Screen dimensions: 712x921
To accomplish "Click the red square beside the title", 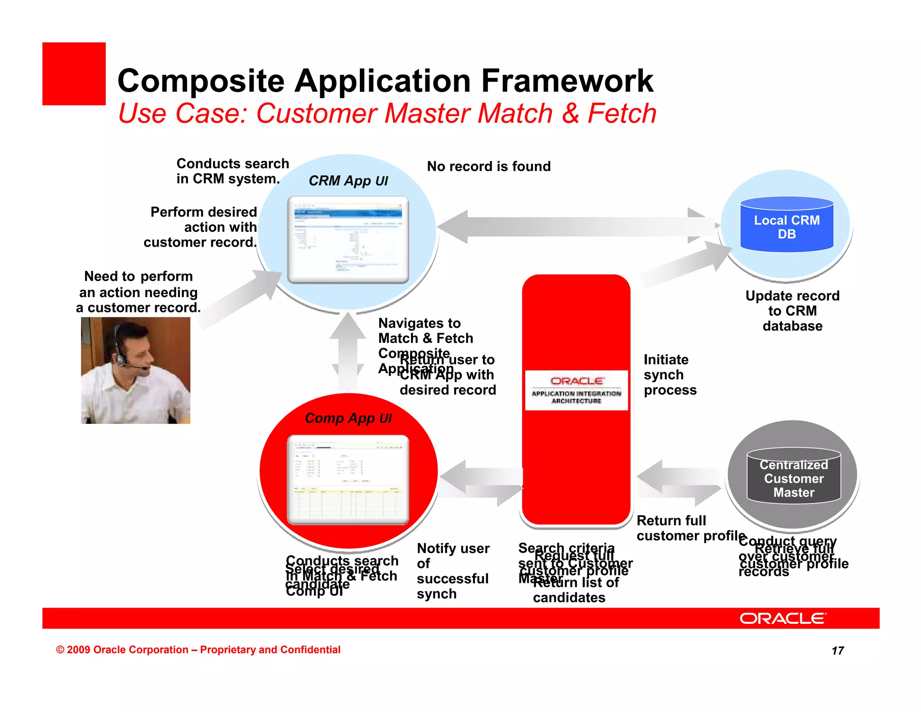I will coord(74,74).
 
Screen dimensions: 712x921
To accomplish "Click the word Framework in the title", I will coord(567,81).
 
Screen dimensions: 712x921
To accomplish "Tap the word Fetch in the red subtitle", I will coord(622,113).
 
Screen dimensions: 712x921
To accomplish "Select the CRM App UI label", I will coord(348,181).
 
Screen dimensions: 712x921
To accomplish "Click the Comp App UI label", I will coord(348,419).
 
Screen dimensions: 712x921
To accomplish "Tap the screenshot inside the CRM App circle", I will coord(348,239).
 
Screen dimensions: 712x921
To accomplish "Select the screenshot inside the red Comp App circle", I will coord(348,479).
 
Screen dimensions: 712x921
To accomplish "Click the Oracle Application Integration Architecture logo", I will coord(576,390).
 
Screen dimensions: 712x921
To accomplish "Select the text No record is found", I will coord(488,167).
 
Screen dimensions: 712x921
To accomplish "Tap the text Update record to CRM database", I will coord(792,311).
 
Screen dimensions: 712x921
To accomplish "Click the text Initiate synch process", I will coord(670,374).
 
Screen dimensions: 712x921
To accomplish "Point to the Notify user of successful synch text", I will coord(452,571).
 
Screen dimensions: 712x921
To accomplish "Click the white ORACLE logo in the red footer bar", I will coord(782,618).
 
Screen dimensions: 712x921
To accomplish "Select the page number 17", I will coord(837,651).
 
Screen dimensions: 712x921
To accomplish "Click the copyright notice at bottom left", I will coord(198,650).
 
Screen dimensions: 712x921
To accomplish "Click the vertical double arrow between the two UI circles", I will coord(348,351).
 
